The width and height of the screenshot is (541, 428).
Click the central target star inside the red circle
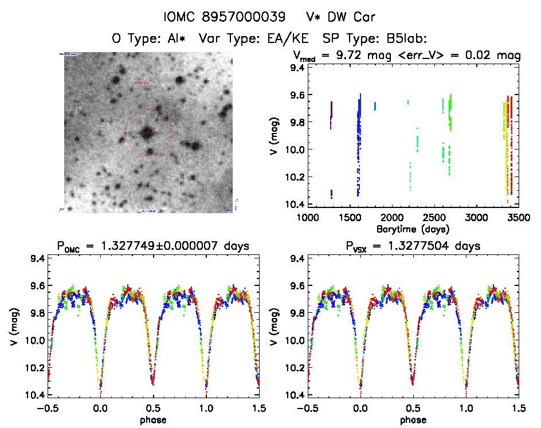(147, 132)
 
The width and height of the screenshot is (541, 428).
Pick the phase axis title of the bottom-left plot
(154, 419)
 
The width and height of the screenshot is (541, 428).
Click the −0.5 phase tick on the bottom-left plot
(48, 408)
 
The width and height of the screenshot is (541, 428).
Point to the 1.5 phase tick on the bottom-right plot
(519, 408)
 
